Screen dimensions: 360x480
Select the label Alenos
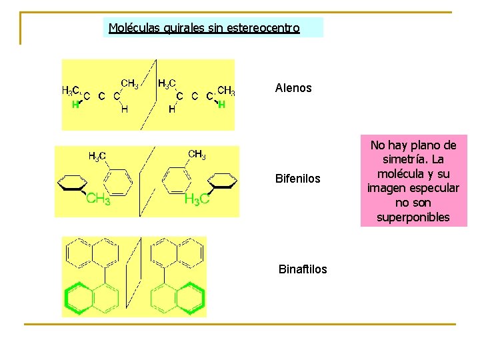pos(293,88)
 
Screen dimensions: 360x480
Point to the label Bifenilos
pos(298,179)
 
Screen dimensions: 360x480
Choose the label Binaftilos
pos(303,269)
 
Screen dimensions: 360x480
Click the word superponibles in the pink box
pos(413,217)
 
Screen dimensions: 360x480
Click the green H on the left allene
pos(75,105)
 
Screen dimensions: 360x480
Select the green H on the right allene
pos(221,105)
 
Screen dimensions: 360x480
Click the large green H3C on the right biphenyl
pos(197,199)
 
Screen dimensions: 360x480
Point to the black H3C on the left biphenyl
pos(97,157)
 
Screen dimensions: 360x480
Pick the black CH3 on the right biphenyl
pos(197,155)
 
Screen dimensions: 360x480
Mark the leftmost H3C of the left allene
pos(71,91)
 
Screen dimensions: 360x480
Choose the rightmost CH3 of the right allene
pos(226,91)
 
